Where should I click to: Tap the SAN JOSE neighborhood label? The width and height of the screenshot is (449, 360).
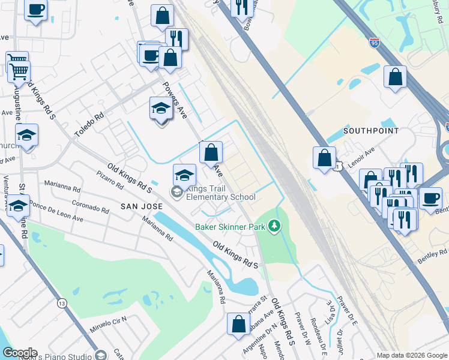142,206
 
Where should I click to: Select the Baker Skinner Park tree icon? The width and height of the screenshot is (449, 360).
274,226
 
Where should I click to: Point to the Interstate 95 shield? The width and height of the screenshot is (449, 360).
375,43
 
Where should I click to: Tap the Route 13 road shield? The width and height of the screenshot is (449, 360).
62,304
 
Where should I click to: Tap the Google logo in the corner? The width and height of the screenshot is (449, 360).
20,353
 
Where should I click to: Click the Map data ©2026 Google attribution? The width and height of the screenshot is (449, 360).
412,355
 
